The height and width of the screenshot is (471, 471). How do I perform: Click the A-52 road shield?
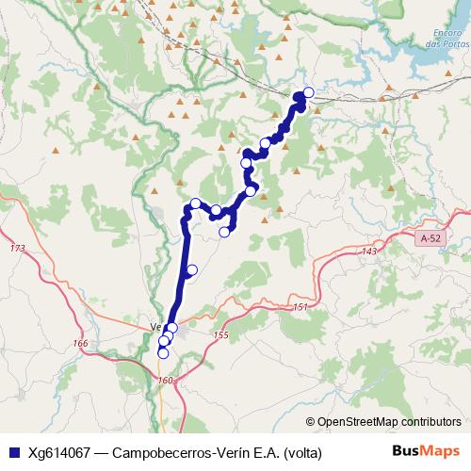coord(431,239)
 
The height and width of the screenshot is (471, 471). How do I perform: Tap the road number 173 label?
coord(16,248)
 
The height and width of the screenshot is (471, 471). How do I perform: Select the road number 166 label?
coord(80,344)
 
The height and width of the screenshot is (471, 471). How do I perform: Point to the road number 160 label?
coord(166,381)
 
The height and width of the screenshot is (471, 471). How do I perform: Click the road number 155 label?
coord(221,335)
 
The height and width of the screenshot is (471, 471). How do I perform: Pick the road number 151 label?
coord(300,308)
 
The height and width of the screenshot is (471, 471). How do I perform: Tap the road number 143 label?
coord(368,252)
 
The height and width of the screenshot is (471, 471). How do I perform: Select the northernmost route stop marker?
coord(308,92)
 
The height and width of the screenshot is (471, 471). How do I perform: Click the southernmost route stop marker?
coord(162,354)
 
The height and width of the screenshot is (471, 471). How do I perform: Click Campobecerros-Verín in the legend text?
coord(178,452)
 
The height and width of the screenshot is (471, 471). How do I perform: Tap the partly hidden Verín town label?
coord(156,328)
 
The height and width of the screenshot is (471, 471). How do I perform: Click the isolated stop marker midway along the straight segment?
coord(192,271)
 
